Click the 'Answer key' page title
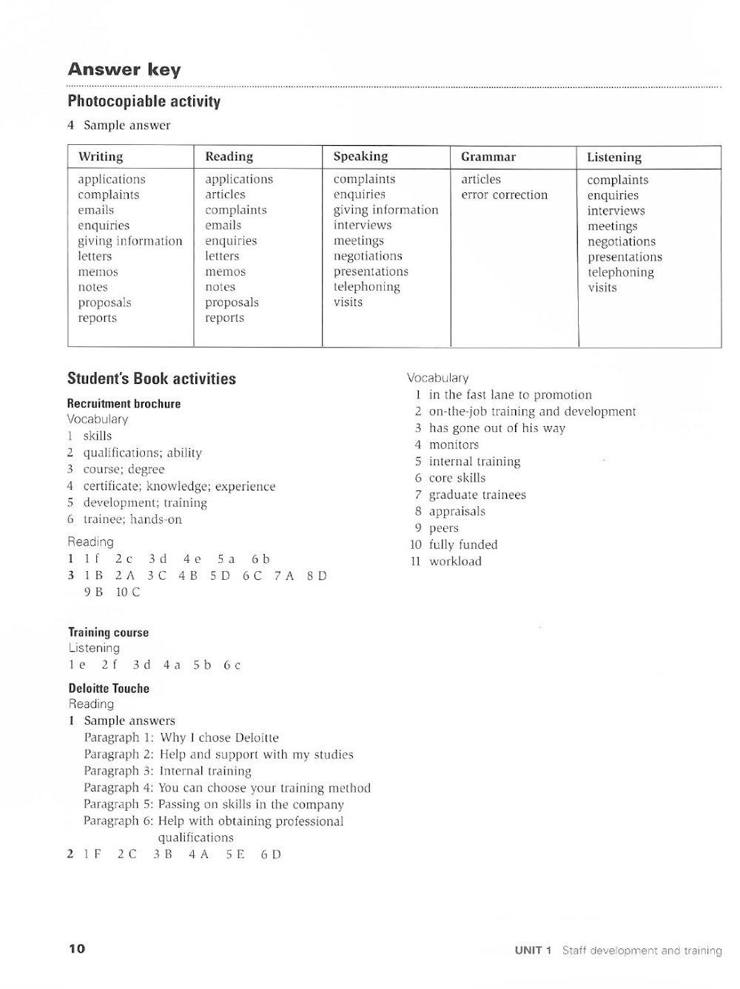[124, 70]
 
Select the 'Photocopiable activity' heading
[144, 101]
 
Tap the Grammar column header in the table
[488, 157]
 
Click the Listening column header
[613, 157]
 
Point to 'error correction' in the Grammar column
[504, 195]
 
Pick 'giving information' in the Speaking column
[386, 210]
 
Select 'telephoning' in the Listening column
[620, 272]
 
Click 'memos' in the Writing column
[98, 272]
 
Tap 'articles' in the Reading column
[225, 195]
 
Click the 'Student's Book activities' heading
[151, 379]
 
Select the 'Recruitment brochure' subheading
[124, 404]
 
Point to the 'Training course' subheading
[108, 632]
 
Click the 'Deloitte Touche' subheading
[109, 689]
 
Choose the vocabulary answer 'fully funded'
[463, 545]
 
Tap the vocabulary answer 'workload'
[455, 561]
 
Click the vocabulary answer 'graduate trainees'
[477, 495]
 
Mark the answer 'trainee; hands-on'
[132, 520]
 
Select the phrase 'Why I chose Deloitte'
[219, 738]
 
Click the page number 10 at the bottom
[77, 949]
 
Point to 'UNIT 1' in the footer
[534, 951]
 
